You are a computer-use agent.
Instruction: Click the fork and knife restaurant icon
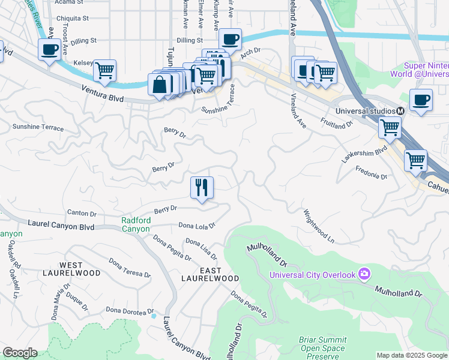click(202, 188)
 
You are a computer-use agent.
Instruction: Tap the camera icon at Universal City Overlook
click(364, 274)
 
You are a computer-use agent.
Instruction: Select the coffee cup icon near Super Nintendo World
click(421, 100)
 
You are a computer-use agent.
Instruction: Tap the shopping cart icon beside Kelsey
click(104, 70)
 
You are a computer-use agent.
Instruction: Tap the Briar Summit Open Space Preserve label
click(323, 348)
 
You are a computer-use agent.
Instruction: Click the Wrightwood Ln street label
click(319, 226)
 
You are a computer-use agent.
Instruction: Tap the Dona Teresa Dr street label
click(129, 268)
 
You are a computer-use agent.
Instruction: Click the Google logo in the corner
click(20, 353)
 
